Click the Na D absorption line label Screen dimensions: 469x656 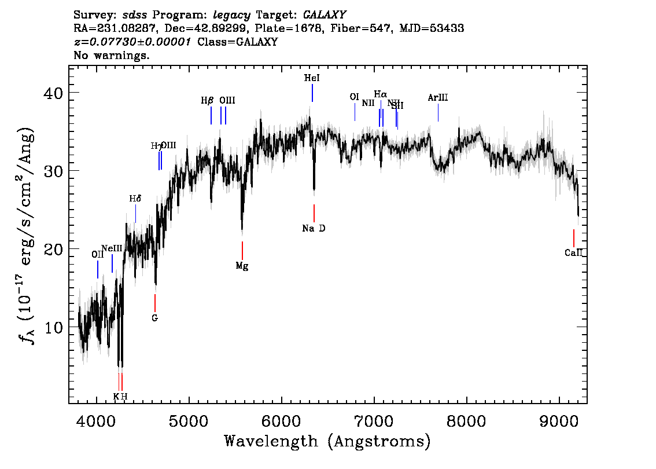point(314,229)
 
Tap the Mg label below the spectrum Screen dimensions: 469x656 point(242,266)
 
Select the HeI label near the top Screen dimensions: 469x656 point(312,78)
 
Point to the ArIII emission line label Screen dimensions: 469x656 point(438,98)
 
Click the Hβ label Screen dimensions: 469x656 point(208,101)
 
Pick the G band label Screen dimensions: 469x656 point(154,318)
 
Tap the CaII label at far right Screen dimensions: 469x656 point(573,252)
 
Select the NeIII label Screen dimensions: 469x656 point(112,248)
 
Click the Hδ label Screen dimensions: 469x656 point(135,199)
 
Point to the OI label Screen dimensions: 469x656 point(355,97)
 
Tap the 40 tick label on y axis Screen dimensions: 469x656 point(54,93)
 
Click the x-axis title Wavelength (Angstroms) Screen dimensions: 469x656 point(327,442)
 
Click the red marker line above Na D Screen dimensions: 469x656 point(314,213)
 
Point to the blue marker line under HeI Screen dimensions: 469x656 point(312,93)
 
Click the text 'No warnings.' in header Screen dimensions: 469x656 point(112,56)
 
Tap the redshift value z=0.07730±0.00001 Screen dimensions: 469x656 point(134,42)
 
